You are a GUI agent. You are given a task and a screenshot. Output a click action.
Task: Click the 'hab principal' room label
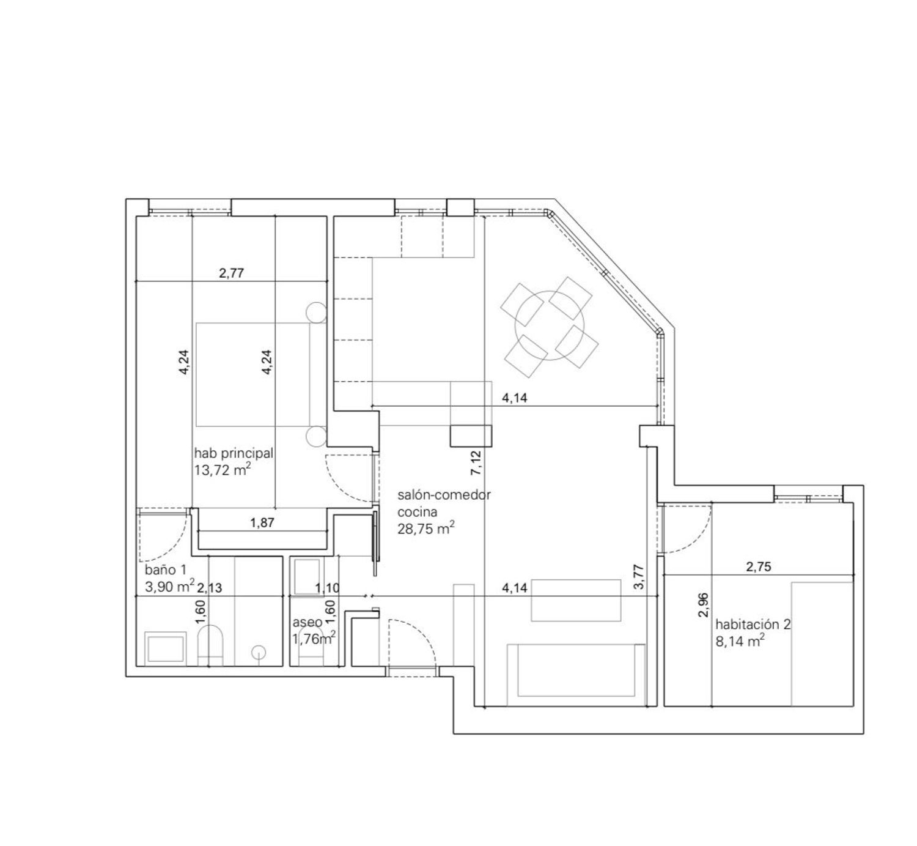pos(234,453)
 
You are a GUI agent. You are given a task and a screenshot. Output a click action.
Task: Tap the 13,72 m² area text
pos(223,470)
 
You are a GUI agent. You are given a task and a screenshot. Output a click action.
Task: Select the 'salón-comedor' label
pos(444,495)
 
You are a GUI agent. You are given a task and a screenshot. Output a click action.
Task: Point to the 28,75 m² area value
pos(426,528)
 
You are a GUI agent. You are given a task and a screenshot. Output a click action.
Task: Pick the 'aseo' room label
pos(307,622)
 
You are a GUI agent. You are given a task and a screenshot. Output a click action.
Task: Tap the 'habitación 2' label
pos(753,625)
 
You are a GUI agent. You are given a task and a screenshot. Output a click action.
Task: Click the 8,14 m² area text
pos(740,641)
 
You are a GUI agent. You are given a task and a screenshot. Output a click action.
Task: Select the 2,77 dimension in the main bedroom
pos(231,273)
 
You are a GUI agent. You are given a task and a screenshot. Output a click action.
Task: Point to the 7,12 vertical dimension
pos(476,463)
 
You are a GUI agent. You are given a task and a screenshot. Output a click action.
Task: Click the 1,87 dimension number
pos(262,522)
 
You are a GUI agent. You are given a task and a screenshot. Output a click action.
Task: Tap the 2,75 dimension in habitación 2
pos(759,566)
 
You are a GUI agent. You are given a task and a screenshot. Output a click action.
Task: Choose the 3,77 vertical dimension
pos(639,577)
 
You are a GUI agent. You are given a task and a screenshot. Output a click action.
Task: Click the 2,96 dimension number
pos(703,605)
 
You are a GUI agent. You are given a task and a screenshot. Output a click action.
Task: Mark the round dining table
pos(550,326)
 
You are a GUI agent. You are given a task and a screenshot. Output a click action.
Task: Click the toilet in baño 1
pos(210,645)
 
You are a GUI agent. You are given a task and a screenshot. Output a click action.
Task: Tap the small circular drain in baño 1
pos(259,652)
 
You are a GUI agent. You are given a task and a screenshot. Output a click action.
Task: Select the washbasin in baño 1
pos(166,648)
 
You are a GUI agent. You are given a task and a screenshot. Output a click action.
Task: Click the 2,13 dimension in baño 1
pos(210,588)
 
